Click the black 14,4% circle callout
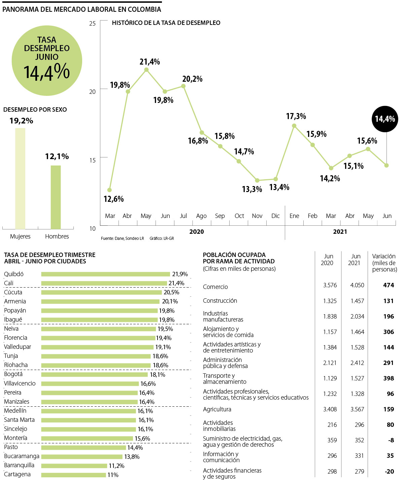point(385,119)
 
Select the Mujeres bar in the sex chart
point(20,178)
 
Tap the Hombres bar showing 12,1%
point(56,197)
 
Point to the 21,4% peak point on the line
point(146,70)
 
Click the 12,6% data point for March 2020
point(109,190)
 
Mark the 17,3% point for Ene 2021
point(294,126)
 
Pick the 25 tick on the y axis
point(92,24)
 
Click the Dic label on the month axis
point(275,216)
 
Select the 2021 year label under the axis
point(340,231)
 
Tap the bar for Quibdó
point(105,274)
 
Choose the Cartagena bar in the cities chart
point(73,475)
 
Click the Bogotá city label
point(13,374)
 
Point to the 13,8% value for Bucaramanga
point(132,456)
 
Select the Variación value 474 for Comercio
point(388,285)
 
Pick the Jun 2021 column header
point(356,260)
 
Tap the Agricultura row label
point(217,409)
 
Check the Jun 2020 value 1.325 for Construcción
point(330,301)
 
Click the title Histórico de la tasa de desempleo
point(166,23)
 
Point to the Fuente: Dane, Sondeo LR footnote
point(122,238)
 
